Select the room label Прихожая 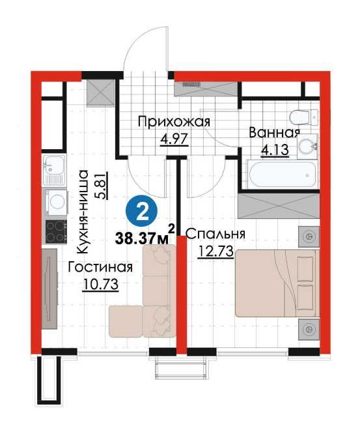coord(174,121)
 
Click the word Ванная coord(274,133)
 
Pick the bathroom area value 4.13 coord(273,149)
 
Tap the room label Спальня coord(215,234)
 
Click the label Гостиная coord(100,267)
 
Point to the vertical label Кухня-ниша coord(83,211)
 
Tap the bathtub coord(282,175)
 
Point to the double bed coord(276,283)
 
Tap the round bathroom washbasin coord(305,147)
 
